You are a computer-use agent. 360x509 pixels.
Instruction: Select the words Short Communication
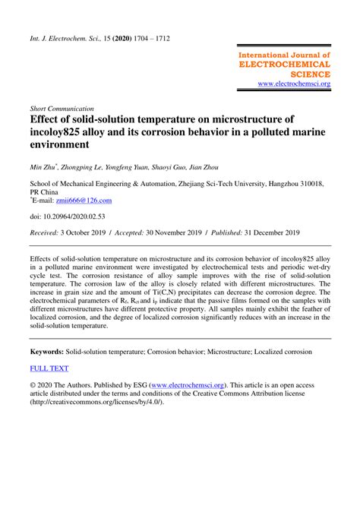pos(62,109)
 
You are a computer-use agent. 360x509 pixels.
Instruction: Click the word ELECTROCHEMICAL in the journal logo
pos(285,65)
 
